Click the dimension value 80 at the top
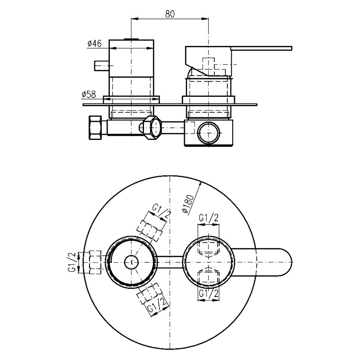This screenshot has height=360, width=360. point(170,13)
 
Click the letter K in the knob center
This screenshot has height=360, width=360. point(132,261)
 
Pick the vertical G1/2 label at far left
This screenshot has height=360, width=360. point(71,262)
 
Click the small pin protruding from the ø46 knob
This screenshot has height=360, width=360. point(101,66)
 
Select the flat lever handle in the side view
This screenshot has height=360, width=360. point(261,47)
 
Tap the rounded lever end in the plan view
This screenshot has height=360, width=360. point(281,261)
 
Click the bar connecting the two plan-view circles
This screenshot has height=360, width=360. point(170,261)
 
